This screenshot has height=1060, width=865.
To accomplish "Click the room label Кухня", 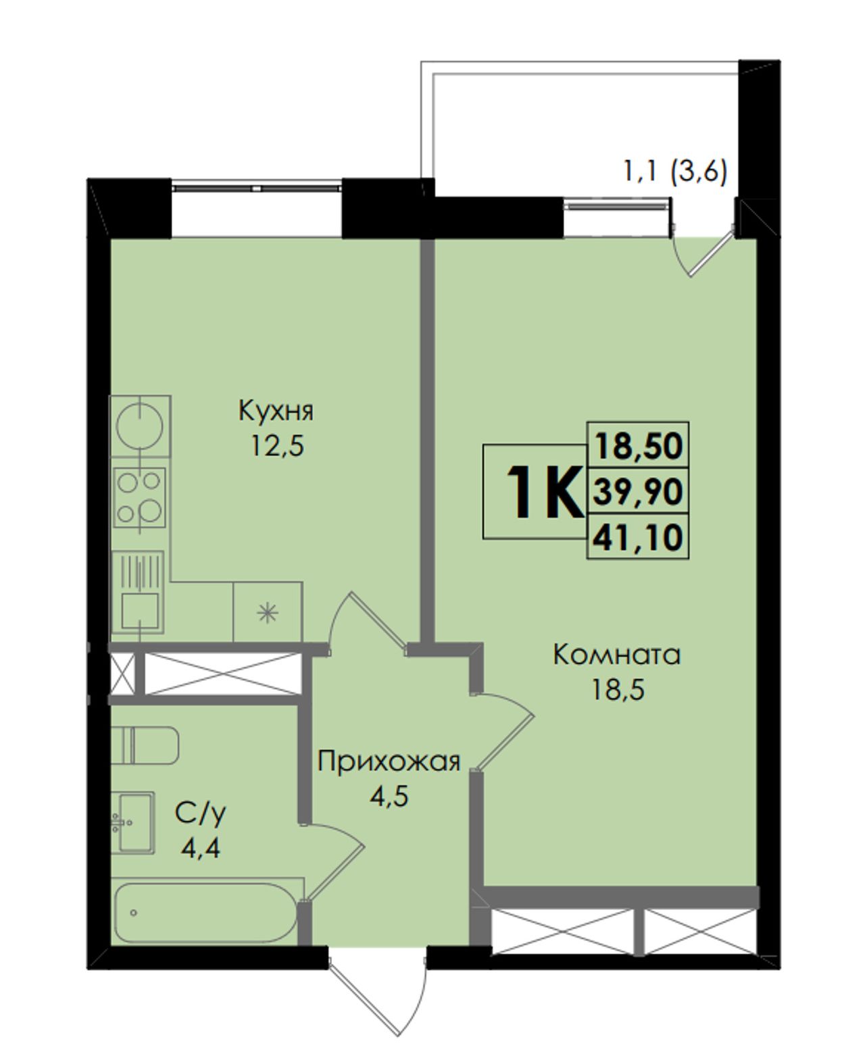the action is pos(276,411).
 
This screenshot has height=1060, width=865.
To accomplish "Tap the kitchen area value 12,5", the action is pos(278,445).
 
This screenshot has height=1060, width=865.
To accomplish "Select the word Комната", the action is pos(616,655).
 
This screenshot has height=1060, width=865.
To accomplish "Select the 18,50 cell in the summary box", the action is pos(638,445).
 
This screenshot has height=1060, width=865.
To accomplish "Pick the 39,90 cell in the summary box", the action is pos(638,491).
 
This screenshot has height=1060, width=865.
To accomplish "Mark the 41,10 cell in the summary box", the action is pos(638,537).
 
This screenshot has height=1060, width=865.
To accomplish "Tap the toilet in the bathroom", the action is pos(145,745).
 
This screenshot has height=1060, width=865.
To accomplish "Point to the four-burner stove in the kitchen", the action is pos(140,497).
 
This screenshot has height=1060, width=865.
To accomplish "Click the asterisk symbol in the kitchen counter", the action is pos(267,613).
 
